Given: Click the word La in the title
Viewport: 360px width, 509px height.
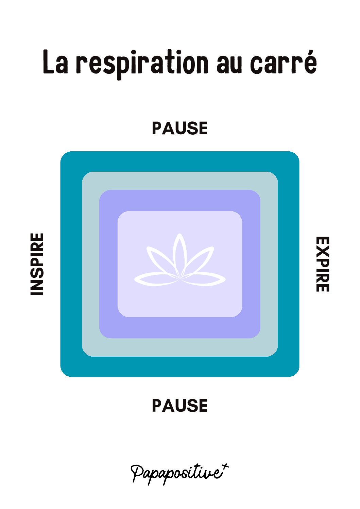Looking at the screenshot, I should [x=55, y=62].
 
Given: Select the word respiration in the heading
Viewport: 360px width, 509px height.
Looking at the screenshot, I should [x=142, y=64].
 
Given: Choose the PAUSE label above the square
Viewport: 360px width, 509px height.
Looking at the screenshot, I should [x=179, y=128].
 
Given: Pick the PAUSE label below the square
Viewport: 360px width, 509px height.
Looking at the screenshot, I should [x=179, y=406].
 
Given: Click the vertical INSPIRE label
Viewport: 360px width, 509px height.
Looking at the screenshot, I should [x=37, y=264].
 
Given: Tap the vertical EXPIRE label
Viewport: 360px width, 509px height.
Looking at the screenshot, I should [x=322, y=264].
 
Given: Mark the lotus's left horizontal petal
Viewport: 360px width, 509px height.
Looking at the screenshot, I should [x=155, y=279].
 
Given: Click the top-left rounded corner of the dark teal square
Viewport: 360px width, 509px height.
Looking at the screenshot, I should [x=65, y=156].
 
